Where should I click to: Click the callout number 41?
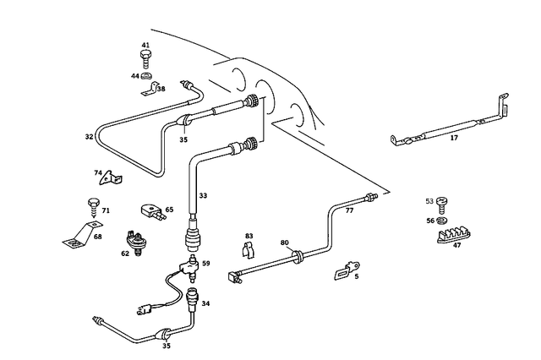(x=145, y=46)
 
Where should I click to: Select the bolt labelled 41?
(x=147, y=59)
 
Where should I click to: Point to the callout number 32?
(x=89, y=136)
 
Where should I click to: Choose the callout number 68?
(x=98, y=237)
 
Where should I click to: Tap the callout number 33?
(x=203, y=195)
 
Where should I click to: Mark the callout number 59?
(x=205, y=264)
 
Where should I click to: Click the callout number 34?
(x=206, y=303)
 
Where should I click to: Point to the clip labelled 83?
(x=249, y=251)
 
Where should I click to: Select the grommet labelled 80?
(x=298, y=254)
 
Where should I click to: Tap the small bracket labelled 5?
(x=342, y=273)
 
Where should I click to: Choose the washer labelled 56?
(x=442, y=221)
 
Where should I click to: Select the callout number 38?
(x=161, y=88)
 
